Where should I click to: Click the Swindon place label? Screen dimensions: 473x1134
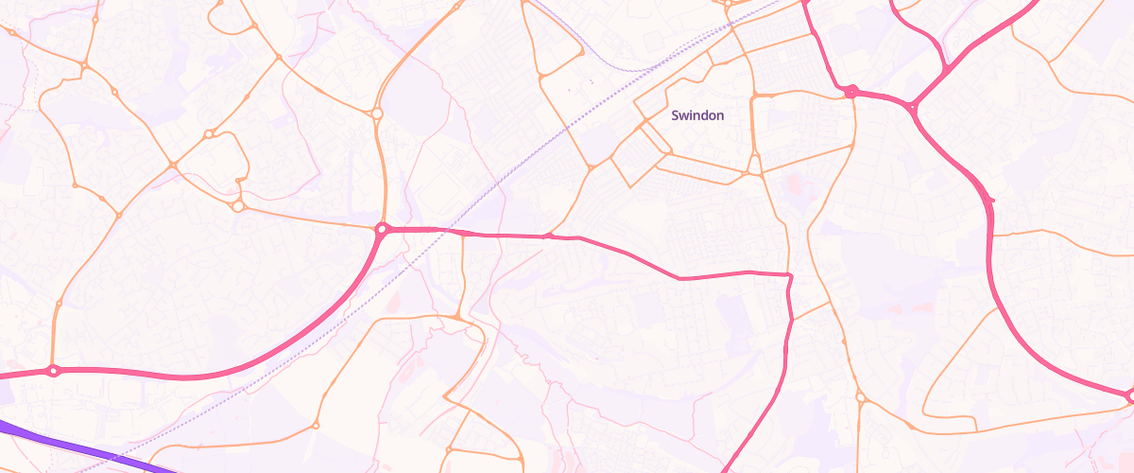tap(697, 115)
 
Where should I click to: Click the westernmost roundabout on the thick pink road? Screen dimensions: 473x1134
tap(53, 371)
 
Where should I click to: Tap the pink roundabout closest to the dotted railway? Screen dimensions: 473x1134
tap(383, 229)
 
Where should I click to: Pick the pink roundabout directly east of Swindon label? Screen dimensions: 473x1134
tap(850, 92)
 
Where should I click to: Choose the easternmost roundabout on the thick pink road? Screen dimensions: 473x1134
tap(1130, 396)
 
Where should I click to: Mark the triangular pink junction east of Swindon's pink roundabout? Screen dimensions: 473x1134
tap(913, 107)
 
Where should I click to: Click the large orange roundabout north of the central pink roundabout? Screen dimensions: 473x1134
tap(376, 114)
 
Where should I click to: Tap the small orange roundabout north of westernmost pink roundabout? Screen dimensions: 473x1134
tap(59, 304)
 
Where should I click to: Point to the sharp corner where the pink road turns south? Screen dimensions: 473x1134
tap(788, 275)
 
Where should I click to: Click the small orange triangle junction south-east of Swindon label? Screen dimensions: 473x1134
tap(753, 173)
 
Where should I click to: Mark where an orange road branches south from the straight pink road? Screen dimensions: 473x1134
tap(463, 234)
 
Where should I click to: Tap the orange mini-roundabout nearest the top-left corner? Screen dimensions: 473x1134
tap(12, 33)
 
